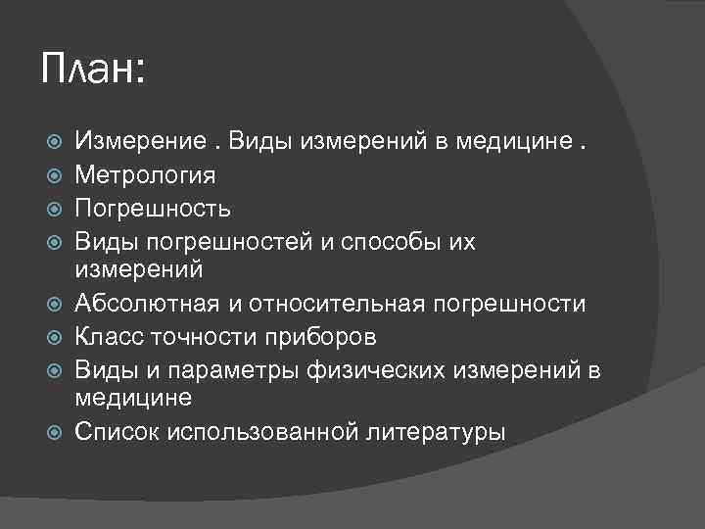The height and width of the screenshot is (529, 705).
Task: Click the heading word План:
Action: (93, 71)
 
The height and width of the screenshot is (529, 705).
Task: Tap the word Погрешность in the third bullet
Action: (154, 209)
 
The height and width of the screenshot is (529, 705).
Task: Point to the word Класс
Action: (107, 337)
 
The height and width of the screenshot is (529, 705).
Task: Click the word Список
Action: (117, 432)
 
